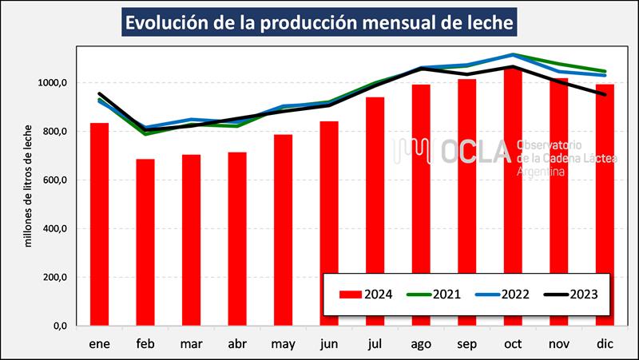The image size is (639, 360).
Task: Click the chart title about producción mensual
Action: (x=319, y=22)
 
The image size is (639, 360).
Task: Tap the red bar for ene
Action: (x=99, y=224)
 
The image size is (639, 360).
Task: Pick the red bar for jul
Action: (x=375, y=212)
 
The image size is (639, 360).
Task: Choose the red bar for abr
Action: (x=237, y=239)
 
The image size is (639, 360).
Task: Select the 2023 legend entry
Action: (x=574, y=293)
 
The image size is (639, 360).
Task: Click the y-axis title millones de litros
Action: (x=29, y=186)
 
